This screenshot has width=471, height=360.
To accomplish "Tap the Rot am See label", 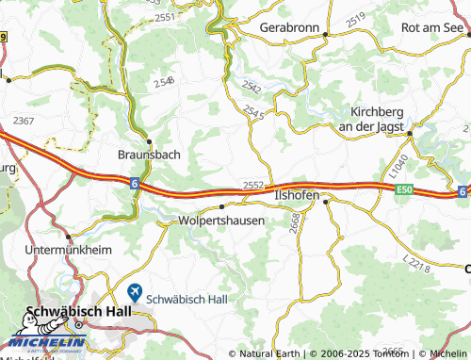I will pos(434,28).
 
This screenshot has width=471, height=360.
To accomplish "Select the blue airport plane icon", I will pos(136,295).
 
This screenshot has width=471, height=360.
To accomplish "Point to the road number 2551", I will pos(166,18).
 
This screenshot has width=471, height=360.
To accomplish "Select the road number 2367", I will pos(24,120).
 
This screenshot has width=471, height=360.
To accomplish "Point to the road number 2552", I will pos(252,185).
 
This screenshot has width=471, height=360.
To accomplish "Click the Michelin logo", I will pos(43,340).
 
